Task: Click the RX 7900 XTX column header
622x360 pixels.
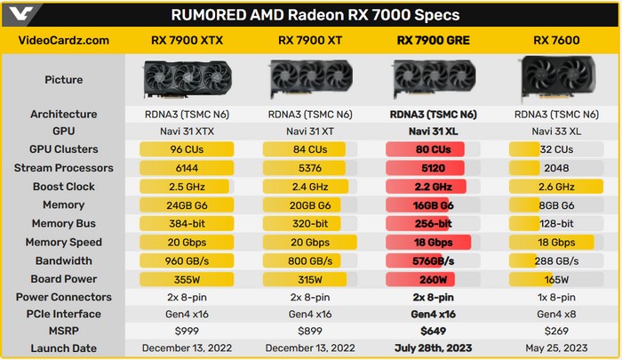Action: [x=188, y=40]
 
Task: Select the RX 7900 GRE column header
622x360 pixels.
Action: [x=432, y=40]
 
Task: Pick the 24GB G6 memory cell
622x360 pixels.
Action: [x=188, y=204]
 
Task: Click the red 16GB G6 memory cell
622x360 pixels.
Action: [x=432, y=204]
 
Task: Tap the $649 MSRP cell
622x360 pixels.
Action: [x=432, y=332]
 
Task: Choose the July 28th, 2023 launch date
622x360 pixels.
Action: [x=432, y=349]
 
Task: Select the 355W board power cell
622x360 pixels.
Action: [x=188, y=278]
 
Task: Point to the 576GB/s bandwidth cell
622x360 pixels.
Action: [x=432, y=260]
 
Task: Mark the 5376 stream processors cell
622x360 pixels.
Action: [x=310, y=168]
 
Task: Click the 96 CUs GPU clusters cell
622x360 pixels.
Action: [x=188, y=149]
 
